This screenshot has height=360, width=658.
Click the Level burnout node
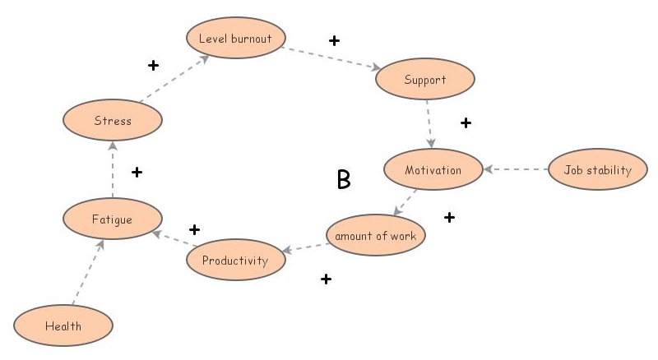[x=235, y=38]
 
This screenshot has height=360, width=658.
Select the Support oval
[x=424, y=80]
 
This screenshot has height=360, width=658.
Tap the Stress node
[x=113, y=121]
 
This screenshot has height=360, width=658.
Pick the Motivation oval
[x=433, y=170]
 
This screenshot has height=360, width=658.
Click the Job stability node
[x=597, y=170]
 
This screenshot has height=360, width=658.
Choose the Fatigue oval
[x=113, y=219]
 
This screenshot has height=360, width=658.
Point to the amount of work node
[x=375, y=236]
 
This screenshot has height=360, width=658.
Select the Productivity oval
[x=236, y=261]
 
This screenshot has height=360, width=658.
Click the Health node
[x=63, y=325]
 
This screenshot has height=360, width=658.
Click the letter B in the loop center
[x=344, y=180]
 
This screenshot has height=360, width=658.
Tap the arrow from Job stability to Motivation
[x=516, y=170]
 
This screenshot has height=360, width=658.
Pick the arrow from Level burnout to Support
[x=331, y=58]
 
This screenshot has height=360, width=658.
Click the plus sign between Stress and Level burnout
[x=153, y=65]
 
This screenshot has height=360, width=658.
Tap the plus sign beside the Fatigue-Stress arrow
[x=137, y=172]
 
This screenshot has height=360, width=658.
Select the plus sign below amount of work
[x=326, y=279]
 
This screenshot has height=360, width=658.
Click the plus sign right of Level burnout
[x=334, y=40]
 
